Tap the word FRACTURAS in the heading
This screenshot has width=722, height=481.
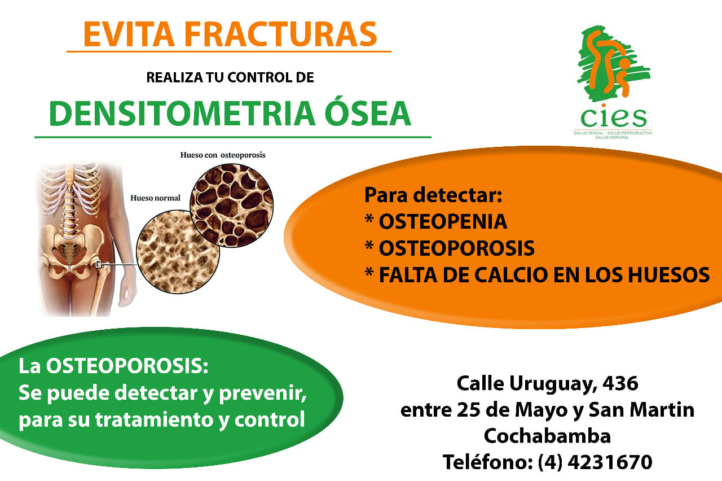tap(280, 34)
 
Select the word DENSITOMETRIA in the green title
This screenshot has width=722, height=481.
tap(182, 113)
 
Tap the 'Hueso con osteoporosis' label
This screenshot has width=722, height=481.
tap(223, 155)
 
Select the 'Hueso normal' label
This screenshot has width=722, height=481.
tap(155, 198)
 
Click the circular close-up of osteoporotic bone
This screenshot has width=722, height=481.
tap(232, 205)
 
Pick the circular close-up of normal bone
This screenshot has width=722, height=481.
tap(178, 252)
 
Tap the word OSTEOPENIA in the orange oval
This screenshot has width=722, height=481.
tap(443, 222)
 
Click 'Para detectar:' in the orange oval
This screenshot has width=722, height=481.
tap(433, 195)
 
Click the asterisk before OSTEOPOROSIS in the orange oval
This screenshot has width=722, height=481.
tap(369, 245)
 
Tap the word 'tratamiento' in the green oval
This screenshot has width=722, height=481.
tap(155, 419)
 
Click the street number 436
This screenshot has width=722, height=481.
tap(620, 383)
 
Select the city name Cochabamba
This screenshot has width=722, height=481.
tap(547, 436)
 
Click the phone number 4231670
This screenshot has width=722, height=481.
tap(610, 462)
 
